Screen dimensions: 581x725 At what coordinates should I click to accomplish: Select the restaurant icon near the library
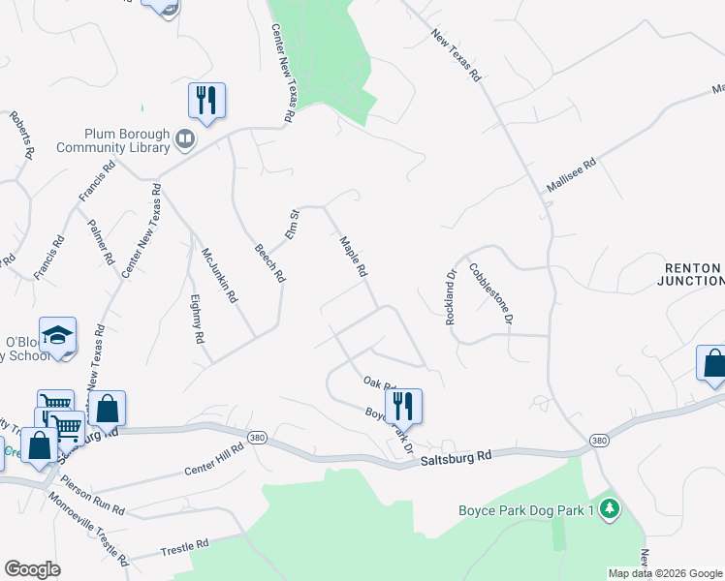[206, 100]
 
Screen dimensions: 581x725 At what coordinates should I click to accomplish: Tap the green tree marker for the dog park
[609, 507]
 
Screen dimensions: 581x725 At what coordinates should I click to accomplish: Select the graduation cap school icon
[58, 336]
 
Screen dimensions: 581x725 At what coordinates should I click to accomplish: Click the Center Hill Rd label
[214, 462]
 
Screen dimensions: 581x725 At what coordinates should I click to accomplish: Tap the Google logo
[32, 569]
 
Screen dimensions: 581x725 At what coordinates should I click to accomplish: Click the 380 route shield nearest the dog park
[600, 441]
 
